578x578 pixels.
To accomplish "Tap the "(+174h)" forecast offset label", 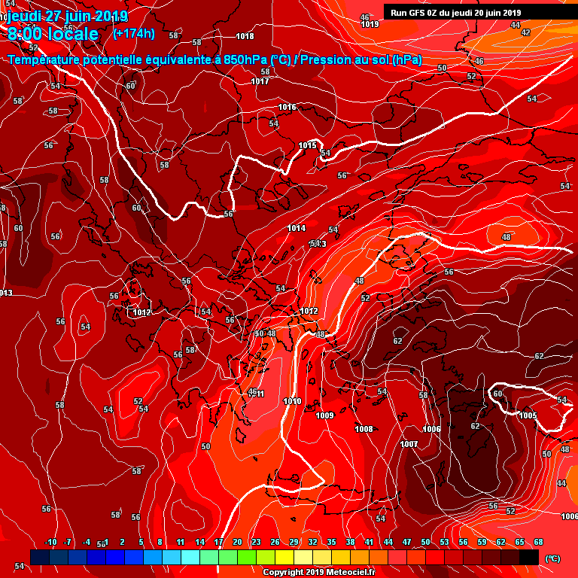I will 134,33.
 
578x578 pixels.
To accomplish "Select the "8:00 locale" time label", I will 53,34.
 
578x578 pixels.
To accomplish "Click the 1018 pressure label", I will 245,36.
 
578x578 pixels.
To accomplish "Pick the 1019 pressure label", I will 370,24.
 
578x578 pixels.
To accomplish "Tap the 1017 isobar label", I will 260,81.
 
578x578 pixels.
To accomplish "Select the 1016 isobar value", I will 287,107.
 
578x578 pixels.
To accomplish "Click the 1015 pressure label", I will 307,145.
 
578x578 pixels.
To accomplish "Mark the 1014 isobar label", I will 297,228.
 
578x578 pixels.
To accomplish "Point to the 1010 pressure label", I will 292,401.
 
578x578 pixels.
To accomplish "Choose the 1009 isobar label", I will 324,415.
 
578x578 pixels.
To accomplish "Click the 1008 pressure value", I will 364,429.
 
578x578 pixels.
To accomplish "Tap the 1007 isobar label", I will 409,444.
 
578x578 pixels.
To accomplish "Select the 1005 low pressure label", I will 528,415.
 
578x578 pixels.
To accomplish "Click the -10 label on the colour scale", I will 51,542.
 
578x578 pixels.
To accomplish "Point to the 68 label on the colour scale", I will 539,542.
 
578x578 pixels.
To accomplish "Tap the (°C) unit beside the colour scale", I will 552,558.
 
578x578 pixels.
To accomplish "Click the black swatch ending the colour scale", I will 529,557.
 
